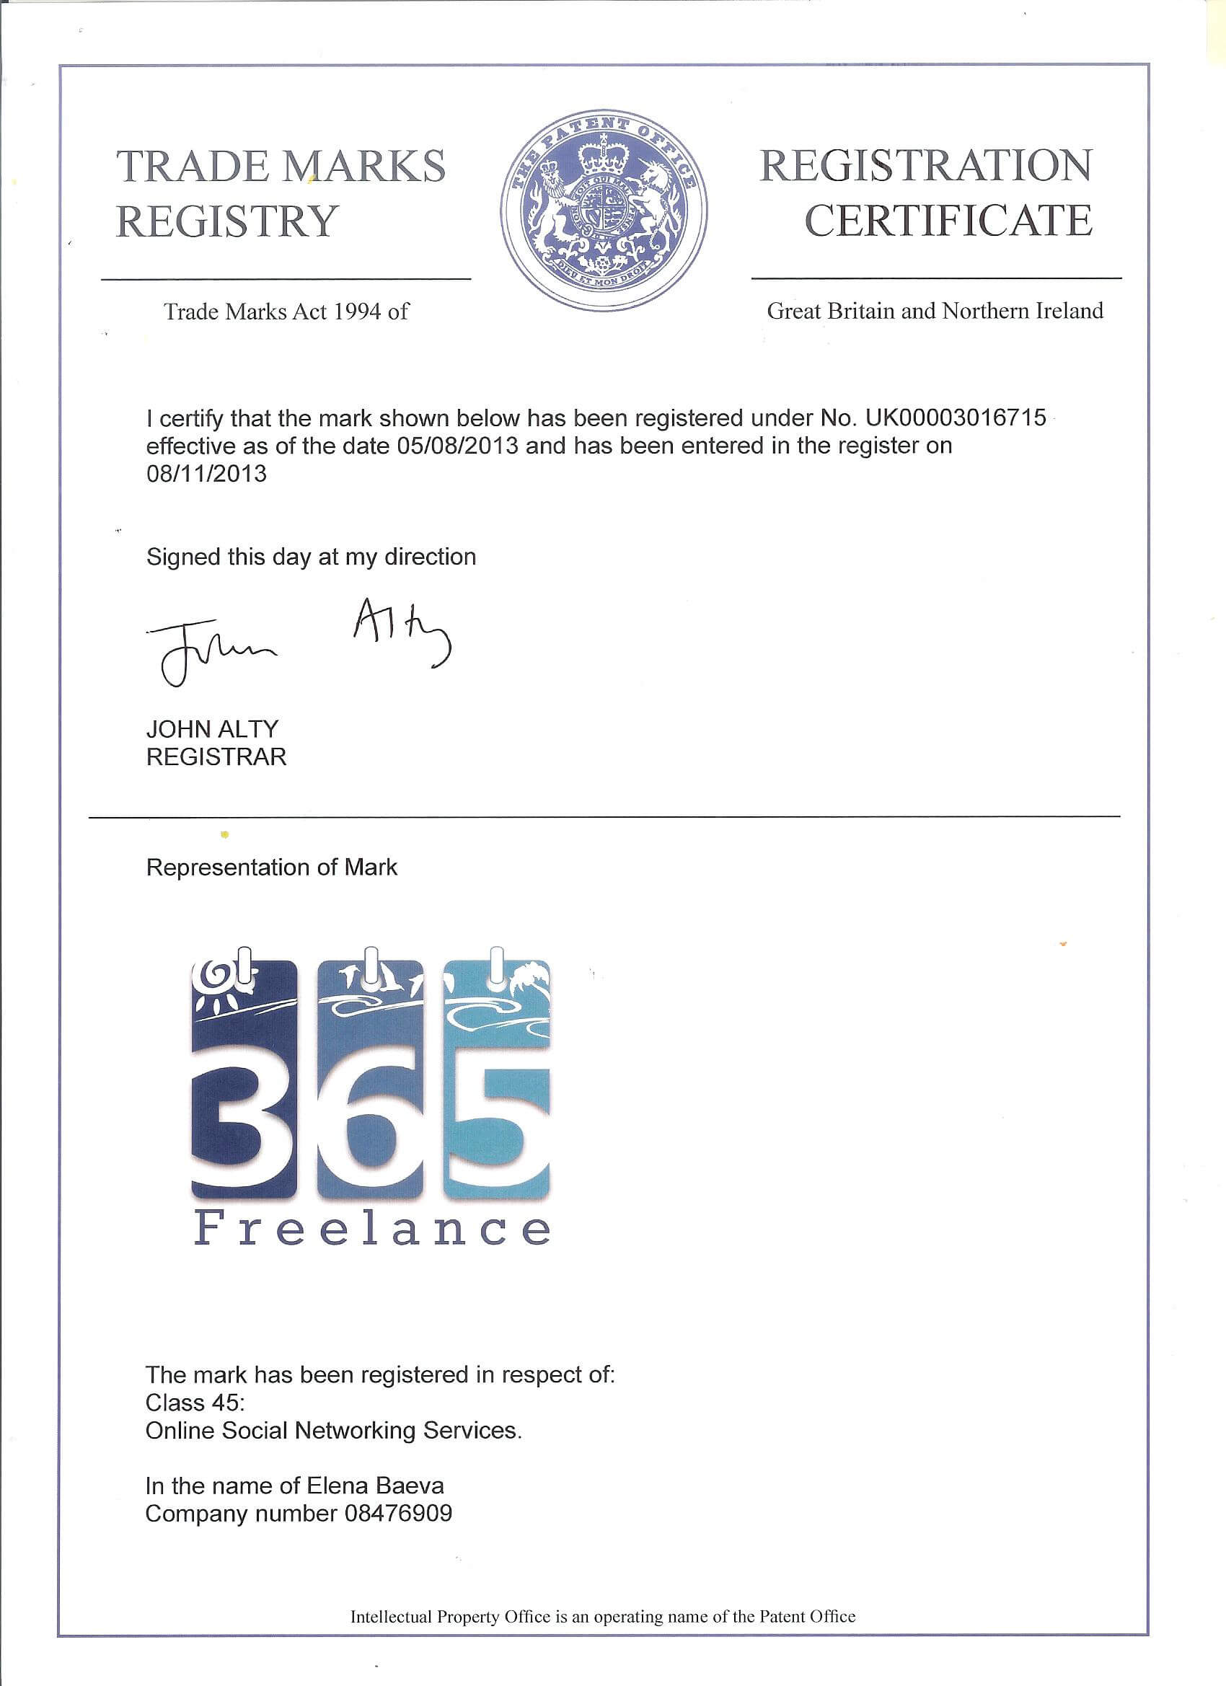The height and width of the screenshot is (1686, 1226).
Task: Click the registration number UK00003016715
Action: (x=956, y=418)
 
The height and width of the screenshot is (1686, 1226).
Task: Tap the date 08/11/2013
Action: (x=206, y=474)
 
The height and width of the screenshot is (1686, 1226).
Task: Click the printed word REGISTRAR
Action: (x=216, y=756)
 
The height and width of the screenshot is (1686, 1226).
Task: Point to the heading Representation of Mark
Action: (x=271, y=867)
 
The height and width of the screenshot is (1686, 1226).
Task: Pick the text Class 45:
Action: (x=195, y=1403)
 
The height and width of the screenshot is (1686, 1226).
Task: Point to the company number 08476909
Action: (x=398, y=1514)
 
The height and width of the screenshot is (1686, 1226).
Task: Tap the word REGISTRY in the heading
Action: (x=227, y=221)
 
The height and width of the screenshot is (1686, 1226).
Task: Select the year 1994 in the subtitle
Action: (x=357, y=312)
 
